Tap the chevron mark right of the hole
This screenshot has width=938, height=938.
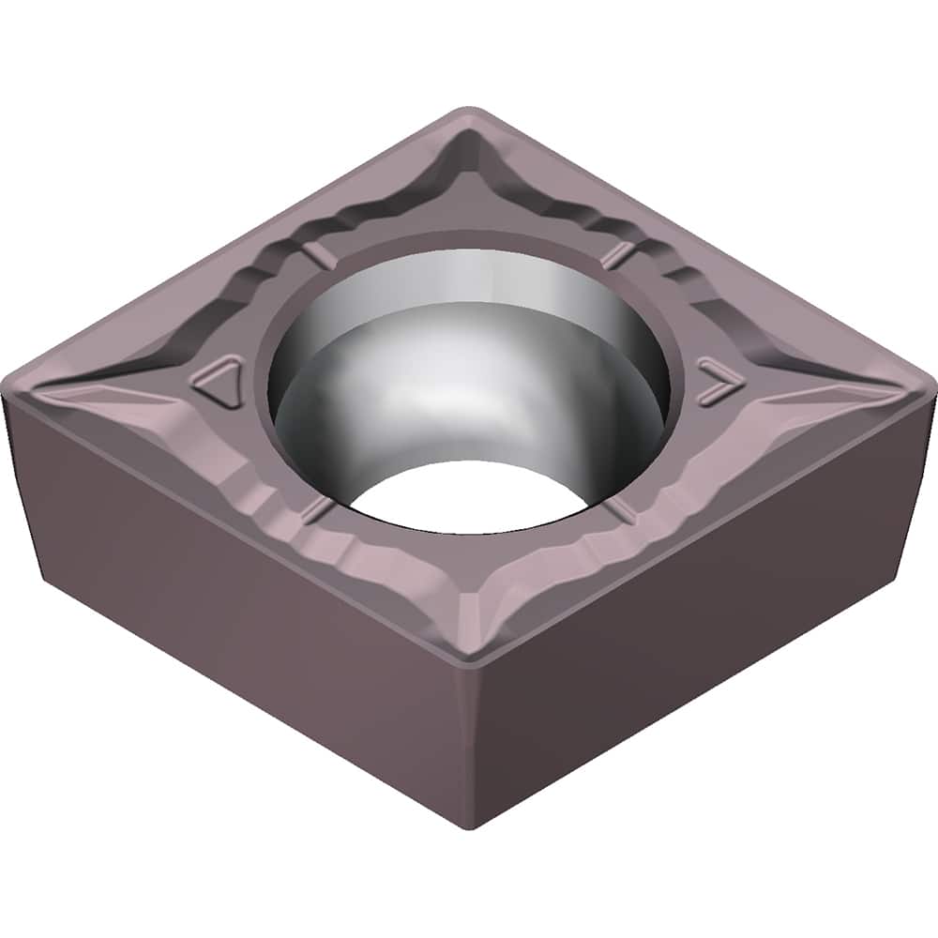718,376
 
